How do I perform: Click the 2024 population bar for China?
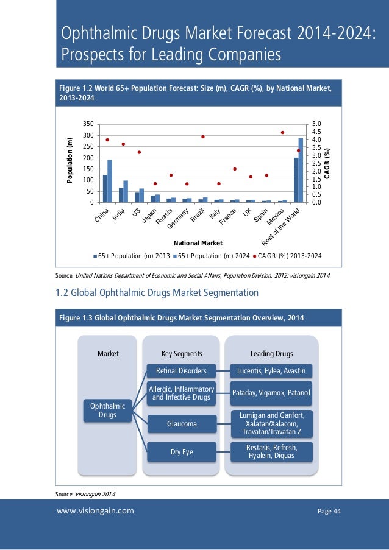click(110, 181)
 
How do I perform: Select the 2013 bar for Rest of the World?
click(296, 180)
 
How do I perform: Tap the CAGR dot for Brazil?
click(202, 136)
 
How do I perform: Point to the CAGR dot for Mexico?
click(282, 132)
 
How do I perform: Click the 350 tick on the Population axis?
click(88, 124)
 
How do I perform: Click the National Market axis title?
click(198, 243)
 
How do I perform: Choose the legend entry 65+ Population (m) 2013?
click(132, 256)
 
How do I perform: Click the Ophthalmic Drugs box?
click(108, 410)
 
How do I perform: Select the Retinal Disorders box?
click(181, 370)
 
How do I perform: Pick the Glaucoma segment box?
click(181, 423)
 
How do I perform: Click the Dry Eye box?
click(181, 451)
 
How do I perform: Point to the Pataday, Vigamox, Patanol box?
click(271, 393)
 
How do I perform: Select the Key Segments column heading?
click(182, 353)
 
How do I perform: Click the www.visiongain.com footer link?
click(95, 511)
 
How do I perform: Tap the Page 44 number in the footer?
click(329, 511)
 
